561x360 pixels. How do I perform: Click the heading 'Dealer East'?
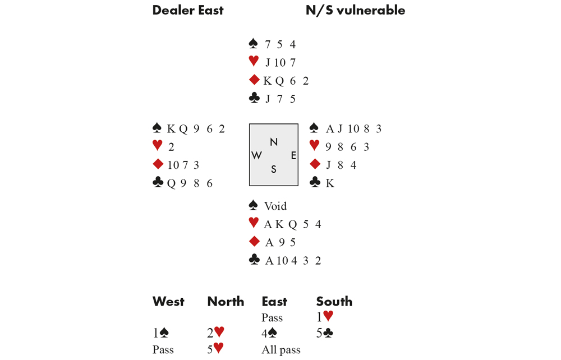click(187, 10)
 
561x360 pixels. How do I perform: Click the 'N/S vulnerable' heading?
click(355, 10)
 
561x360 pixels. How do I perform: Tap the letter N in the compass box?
click(274, 142)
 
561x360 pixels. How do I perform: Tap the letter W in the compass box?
click(257, 155)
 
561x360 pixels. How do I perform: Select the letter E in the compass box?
click(293, 155)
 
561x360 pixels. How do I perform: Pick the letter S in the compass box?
click(274, 169)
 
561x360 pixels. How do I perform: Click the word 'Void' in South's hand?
click(275, 206)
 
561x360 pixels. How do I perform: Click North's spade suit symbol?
click(254, 44)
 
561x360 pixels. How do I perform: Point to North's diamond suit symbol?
click(254, 81)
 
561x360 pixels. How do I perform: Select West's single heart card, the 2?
click(171, 147)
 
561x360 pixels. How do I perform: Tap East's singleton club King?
click(329, 183)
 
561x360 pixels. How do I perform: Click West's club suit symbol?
click(158, 183)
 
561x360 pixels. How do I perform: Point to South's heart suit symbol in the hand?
click(254, 224)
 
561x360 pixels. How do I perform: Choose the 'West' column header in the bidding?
click(168, 302)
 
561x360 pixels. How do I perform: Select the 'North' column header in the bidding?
click(226, 302)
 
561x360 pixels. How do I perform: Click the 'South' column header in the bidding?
click(334, 302)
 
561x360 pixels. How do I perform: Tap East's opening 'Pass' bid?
click(272, 318)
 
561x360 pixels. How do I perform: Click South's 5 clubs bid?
click(325, 333)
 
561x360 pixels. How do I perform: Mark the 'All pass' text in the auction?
click(280, 350)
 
